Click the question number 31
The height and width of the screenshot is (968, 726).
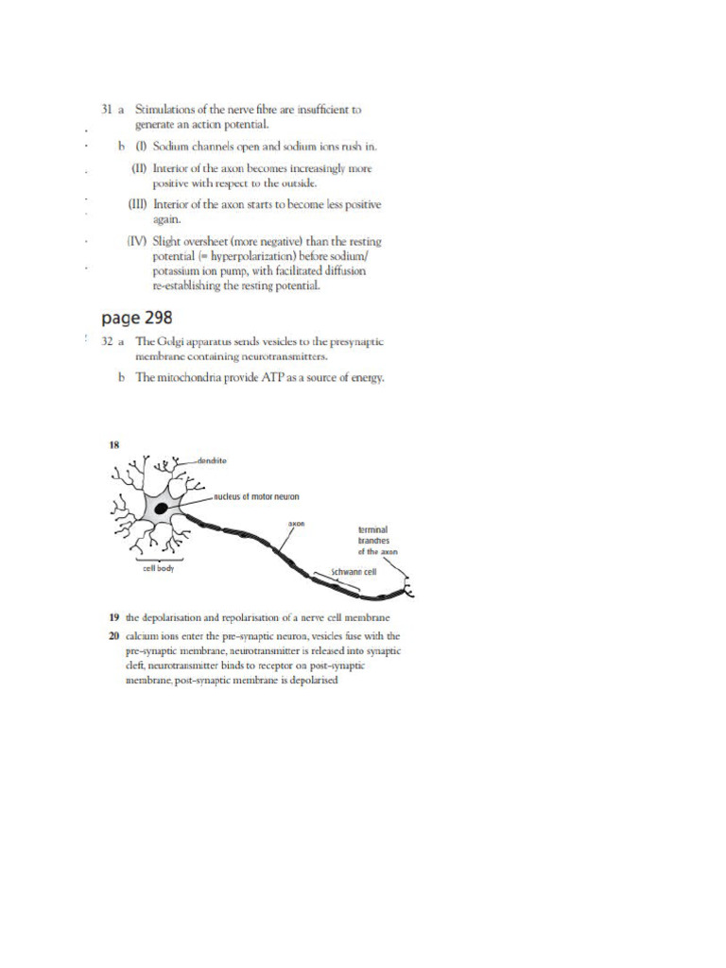tap(107, 110)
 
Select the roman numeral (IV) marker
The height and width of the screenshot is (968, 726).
tap(138, 241)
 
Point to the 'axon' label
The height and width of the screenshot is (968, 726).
tap(295, 522)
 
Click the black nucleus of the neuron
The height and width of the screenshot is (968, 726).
tap(162, 509)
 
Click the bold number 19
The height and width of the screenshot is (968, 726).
tap(112, 617)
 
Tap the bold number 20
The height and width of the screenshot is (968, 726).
tap(112, 635)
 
